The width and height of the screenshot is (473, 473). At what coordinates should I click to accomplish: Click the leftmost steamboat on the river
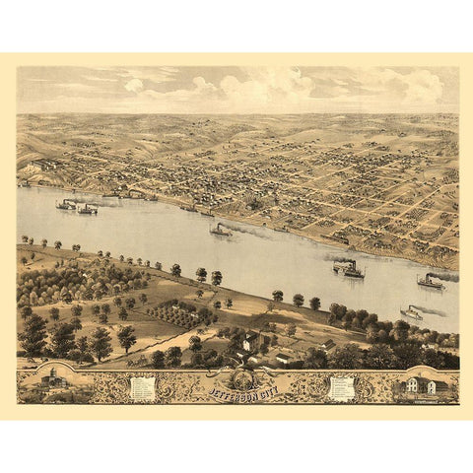(x=66, y=205)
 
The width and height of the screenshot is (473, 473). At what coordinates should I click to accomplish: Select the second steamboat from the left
(x=88, y=209)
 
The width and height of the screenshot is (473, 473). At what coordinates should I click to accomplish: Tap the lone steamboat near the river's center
(x=220, y=231)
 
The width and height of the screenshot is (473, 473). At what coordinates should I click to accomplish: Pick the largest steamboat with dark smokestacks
(x=348, y=268)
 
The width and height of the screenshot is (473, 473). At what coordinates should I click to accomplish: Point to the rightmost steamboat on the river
(x=429, y=282)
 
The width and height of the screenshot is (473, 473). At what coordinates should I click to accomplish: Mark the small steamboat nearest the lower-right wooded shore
(x=411, y=314)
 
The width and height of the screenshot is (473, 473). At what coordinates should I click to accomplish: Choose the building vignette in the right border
(x=421, y=385)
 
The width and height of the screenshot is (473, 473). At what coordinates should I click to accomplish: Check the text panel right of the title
(x=341, y=387)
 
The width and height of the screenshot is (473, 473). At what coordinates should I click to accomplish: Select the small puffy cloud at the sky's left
(x=134, y=86)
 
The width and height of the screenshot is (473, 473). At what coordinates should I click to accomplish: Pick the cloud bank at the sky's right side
(x=414, y=87)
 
